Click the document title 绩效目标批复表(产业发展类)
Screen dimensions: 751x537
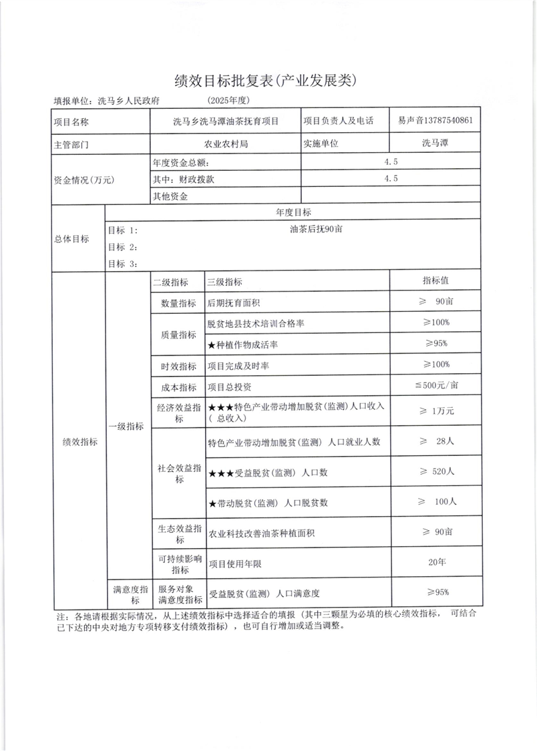coord(268,81)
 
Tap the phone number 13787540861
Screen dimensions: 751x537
coord(450,121)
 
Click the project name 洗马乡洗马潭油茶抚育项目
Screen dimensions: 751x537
coord(226,121)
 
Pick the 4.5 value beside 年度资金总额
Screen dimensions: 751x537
coord(391,162)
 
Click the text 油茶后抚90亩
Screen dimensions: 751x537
coord(316,229)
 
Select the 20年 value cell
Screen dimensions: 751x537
coord(437,563)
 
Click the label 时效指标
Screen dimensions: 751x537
coord(178,366)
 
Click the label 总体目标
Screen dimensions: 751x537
coord(71,239)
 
